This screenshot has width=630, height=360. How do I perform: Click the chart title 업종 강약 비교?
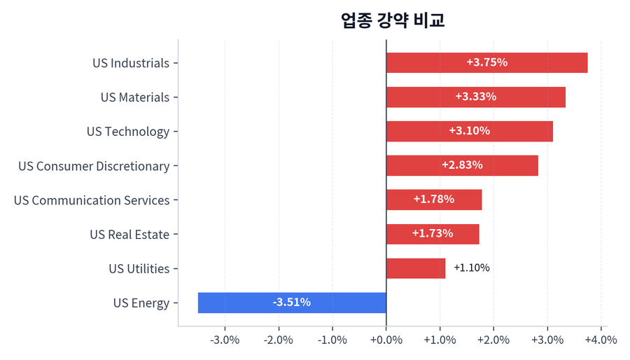point(393,20)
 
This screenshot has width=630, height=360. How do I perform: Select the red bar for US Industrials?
point(486,63)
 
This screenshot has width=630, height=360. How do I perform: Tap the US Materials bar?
point(475,97)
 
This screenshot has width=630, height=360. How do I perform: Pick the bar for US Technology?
point(469,132)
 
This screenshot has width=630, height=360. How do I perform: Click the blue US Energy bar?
point(292,303)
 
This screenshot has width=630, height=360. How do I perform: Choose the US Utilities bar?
point(415,268)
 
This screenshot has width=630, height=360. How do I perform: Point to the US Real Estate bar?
point(433,234)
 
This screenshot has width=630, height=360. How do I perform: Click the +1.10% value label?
point(471,268)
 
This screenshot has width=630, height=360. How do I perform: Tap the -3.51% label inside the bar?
point(291,303)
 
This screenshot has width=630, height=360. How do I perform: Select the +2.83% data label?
point(462,165)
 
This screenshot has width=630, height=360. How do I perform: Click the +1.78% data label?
point(433,200)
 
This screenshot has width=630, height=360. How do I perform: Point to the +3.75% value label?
point(486,62)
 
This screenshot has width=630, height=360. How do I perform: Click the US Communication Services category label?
point(92,200)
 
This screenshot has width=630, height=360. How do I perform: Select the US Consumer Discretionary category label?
point(94,166)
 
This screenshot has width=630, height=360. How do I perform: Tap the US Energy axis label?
point(141,303)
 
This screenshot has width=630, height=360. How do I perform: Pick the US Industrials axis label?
point(131,63)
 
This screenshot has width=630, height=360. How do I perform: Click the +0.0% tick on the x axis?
point(386,340)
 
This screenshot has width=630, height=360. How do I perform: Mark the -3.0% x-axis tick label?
point(225,340)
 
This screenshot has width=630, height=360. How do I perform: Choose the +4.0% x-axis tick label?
point(600,340)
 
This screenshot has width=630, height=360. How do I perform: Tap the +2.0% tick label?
point(493,340)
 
